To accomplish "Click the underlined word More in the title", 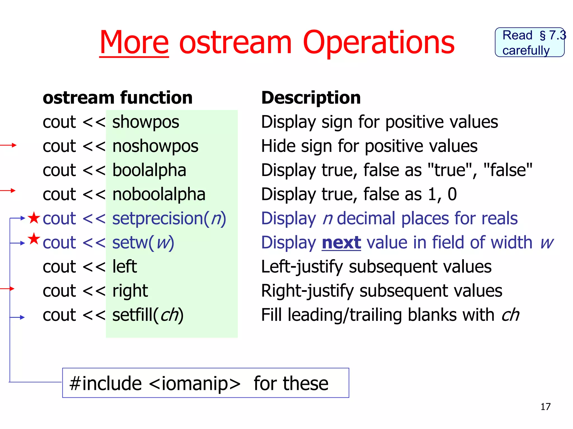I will [134, 42].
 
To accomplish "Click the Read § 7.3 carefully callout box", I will [529, 42].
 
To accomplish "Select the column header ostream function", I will [118, 98].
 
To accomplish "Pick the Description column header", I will [311, 98].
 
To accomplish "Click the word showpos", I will [145, 122].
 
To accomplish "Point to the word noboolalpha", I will [159, 194].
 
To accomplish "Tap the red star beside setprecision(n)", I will [34, 218].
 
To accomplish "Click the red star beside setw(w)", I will [34, 239].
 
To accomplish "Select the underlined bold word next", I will [341, 242].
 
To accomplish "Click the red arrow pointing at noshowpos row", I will [8, 145].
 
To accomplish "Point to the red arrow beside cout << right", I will [7, 289].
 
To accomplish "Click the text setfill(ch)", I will [148, 315].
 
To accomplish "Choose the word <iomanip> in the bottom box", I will [195, 383].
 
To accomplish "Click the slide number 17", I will [545, 407].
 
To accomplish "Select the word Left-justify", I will [302, 266].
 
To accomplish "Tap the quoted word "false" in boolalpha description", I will [508, 170].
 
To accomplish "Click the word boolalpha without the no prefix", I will [149, 170].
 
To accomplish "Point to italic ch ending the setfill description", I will [510, 315].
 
